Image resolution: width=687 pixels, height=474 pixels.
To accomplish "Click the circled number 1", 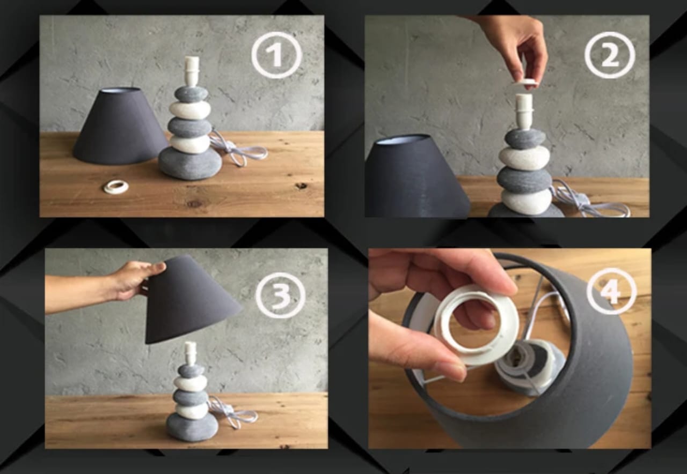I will [276, 55].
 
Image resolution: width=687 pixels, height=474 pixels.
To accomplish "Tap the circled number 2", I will [610, 55].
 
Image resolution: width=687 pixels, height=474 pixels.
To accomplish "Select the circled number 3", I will [280, 295].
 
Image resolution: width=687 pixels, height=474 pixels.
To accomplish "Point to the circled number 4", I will [611, 291].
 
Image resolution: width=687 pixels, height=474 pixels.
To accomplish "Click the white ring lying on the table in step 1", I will [116, 187].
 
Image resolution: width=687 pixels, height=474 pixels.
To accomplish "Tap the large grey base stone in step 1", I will [190, 163].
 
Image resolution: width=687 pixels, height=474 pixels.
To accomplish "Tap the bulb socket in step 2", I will [524, 110].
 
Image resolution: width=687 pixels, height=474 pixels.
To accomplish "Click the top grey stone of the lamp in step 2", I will [524, 139].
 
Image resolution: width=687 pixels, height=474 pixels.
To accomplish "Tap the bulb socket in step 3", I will [190, 352].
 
